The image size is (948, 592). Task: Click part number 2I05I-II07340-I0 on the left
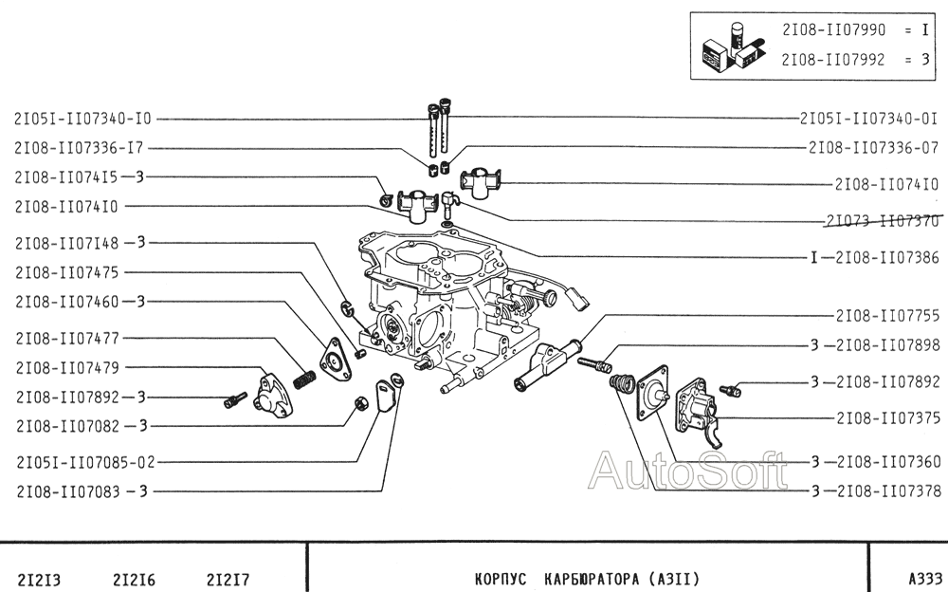(x=82, y=120)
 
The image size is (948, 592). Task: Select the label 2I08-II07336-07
(x=873, y=148)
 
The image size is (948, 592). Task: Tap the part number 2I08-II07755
(x=886, y=315)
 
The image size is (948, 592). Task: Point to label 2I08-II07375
(x=887, y=417)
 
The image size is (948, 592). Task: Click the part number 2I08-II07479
(x=66, y=367)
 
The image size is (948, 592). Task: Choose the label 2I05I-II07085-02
(x=84, y=463)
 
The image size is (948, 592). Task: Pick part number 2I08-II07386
(x=887, y=257)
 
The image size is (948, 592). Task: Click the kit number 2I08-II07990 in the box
(x=833, y=30)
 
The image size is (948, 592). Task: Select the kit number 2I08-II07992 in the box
(x=833, y=59)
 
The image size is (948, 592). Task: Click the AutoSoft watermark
(x=687, y=470)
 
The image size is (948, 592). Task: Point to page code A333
(x=924, y=578)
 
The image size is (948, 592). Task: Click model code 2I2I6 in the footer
(x=134, y=578)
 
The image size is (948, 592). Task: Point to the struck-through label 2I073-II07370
(x=881, y=221)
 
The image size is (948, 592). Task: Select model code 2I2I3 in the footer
(x=41, y=578)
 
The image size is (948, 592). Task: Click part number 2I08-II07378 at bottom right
(x=887, y=491)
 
